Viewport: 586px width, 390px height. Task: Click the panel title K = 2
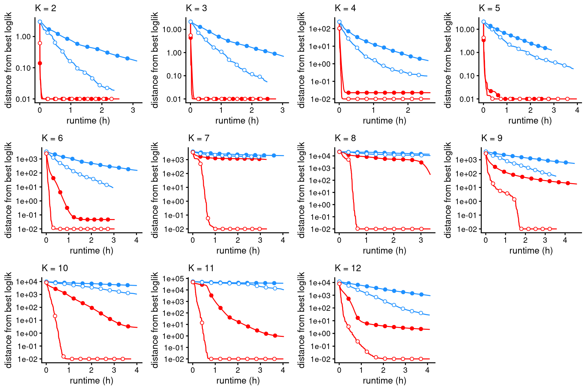(45, 8)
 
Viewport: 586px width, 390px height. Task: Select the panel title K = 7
(199, 138)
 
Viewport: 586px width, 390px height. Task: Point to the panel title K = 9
(492, 138)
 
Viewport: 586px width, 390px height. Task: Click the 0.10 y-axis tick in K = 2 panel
(23, 68)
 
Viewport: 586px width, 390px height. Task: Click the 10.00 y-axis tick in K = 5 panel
(465, 29)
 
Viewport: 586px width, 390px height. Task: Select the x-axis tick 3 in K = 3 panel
(282, 110)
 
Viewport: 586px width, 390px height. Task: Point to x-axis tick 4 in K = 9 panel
(565, 240)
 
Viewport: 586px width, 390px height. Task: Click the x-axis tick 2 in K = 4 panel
(408, 110)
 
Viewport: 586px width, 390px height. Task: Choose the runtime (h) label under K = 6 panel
(92, 251)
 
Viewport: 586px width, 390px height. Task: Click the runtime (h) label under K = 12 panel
(385, 381)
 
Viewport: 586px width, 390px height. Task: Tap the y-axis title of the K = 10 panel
(8, 320)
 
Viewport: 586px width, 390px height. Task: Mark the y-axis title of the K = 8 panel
(301, 190)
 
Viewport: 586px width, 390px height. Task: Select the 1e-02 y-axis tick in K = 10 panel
(27, 359)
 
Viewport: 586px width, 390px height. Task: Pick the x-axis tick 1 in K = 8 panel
(366, 240)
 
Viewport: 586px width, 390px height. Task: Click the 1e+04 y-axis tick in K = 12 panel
(320, 283)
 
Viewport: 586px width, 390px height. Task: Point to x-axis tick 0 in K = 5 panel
(483, 110)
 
